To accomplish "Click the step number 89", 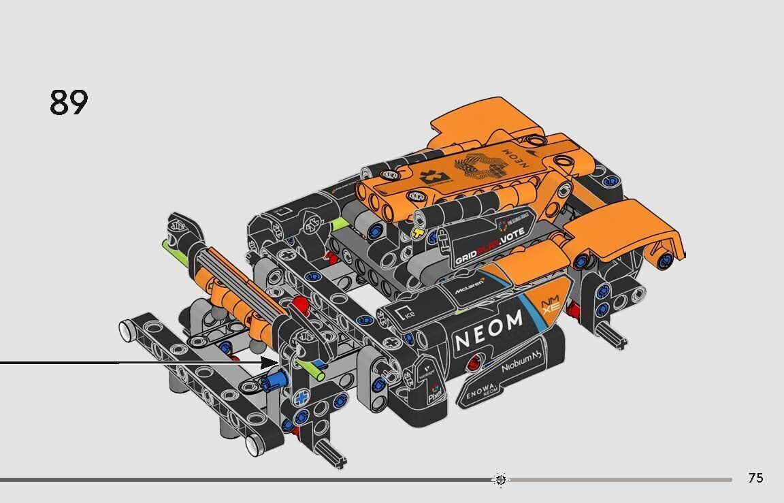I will (69, 103).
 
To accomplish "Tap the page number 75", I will (755, 478).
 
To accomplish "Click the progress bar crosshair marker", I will (500, 480).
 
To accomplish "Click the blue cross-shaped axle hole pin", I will (300, 397).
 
